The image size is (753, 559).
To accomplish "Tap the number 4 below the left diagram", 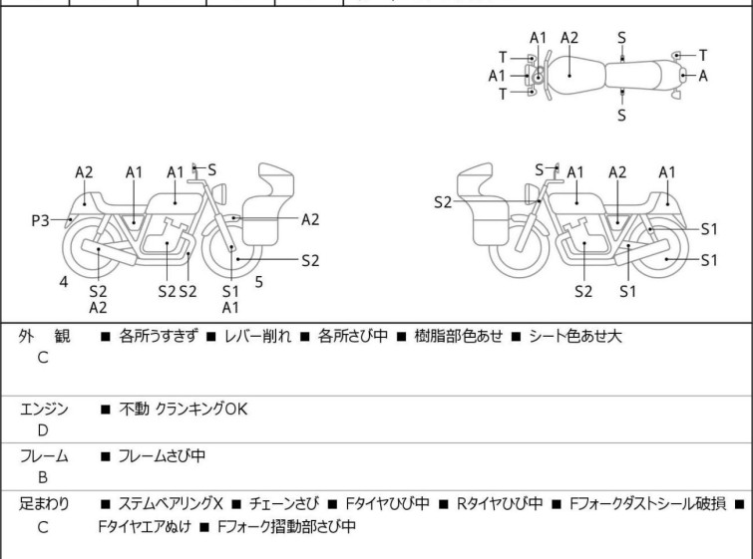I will pyautogui.click(x=64, y=282).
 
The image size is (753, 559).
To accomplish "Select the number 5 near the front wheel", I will pyautogui.click(x=258, y=282).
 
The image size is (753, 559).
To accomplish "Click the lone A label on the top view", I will pyautogui.click(x=704, y=75).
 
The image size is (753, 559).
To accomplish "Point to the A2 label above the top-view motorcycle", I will pyautogui.click(x=569, y=38).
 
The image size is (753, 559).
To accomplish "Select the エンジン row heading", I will pyautogui.click(x=44, y=409).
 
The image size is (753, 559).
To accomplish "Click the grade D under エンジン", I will pyautogui.click(x=43, y=430).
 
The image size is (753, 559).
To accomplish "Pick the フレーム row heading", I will pyautogui.click(x=44, y=456).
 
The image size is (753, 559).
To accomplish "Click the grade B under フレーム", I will pyautogui.click(x=43, y=478).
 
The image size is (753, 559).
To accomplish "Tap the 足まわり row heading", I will pyautogui.click(x=44, y=504).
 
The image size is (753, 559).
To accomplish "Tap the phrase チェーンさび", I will pyautogui.click(x=281, y=504).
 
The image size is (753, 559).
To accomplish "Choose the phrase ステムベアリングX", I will pyautogui.click(x=170, y=504).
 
